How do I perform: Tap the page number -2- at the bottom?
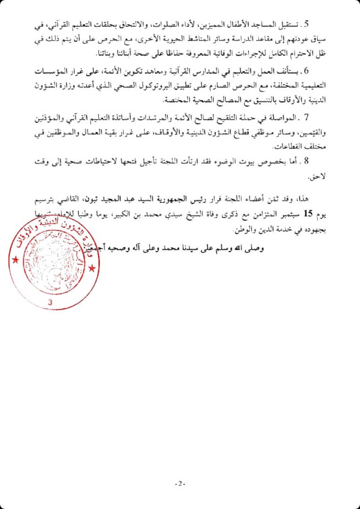point(180,484)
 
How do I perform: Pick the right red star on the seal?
point(92,269)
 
